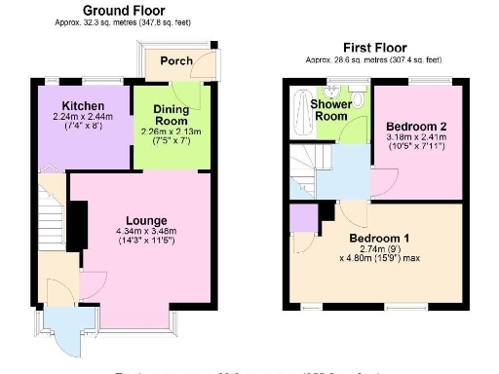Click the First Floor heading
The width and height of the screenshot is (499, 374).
tap(374, 48)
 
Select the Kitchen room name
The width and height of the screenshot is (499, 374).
tap(76, 105)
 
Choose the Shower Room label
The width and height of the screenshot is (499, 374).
tap(330, 109)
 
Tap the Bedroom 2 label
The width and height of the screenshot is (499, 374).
tap(415, 127)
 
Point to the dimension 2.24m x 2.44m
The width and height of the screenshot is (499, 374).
tap(76, 117)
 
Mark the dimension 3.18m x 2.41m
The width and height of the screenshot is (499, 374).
tap(415, 138)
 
